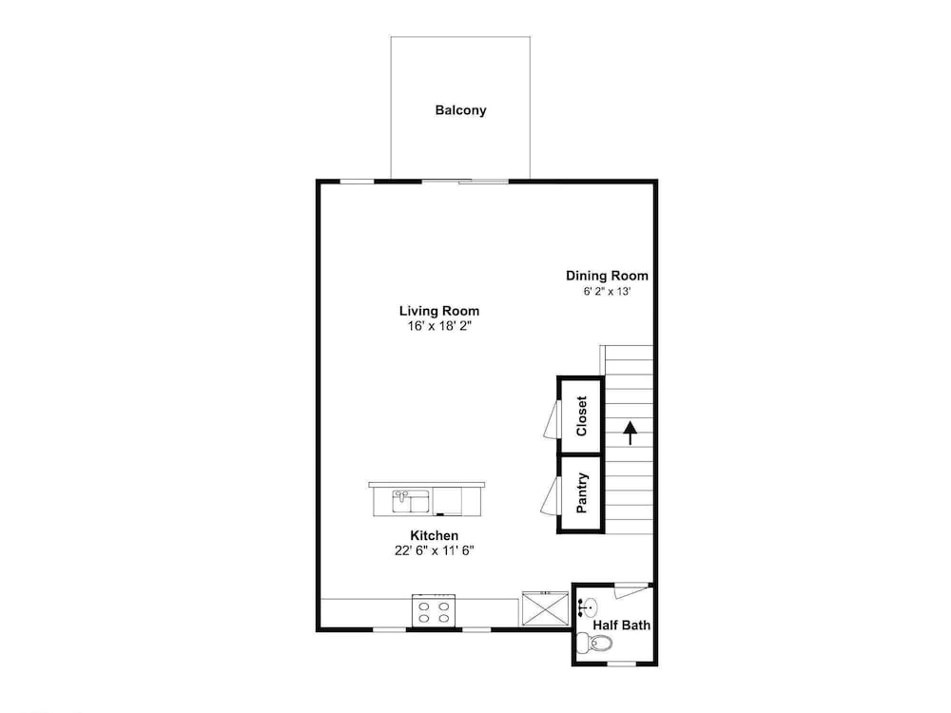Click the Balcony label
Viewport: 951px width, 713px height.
pos(460,110)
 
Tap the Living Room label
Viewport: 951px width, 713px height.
pos(439,311)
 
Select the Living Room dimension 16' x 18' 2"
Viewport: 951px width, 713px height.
pos(439,326)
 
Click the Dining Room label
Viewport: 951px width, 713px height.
pos(607,276)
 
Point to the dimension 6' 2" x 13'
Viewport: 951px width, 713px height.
pos(607,291)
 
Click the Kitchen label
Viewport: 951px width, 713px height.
pos(435,536)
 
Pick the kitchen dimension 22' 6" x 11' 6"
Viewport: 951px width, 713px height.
pos(434,550)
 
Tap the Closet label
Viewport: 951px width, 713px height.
pos(582,416)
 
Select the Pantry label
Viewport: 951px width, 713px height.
pos(582,492)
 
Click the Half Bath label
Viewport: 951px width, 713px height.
pos(622,626)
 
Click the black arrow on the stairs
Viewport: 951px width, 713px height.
pos(631,433)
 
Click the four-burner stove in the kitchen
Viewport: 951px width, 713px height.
pos(434,610)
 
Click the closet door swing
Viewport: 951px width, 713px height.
pos(552,419)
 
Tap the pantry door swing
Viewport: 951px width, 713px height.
pos(550,496)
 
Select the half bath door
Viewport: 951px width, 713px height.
pos(631,590)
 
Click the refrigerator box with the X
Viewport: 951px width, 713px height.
pos(546,608)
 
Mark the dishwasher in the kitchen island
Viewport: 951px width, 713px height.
pos(448,501)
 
